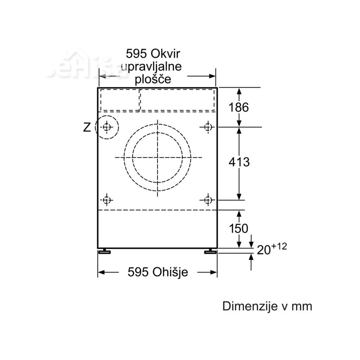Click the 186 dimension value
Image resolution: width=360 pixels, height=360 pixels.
coord(238,107)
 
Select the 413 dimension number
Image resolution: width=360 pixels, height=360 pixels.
coord(239,162)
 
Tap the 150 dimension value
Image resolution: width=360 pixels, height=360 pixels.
coord(238,228)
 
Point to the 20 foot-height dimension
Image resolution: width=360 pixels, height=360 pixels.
coord(264,250)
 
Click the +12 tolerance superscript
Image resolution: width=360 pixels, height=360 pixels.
coord(279,247)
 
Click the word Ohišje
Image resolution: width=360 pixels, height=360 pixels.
coord(170,272)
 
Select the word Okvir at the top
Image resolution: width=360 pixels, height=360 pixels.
coord(165,54)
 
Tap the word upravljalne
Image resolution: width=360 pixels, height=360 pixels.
coord(151,67)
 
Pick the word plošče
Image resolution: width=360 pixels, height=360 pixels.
coord(153,80)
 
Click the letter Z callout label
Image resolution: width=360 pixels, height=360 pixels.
coord(87,127)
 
